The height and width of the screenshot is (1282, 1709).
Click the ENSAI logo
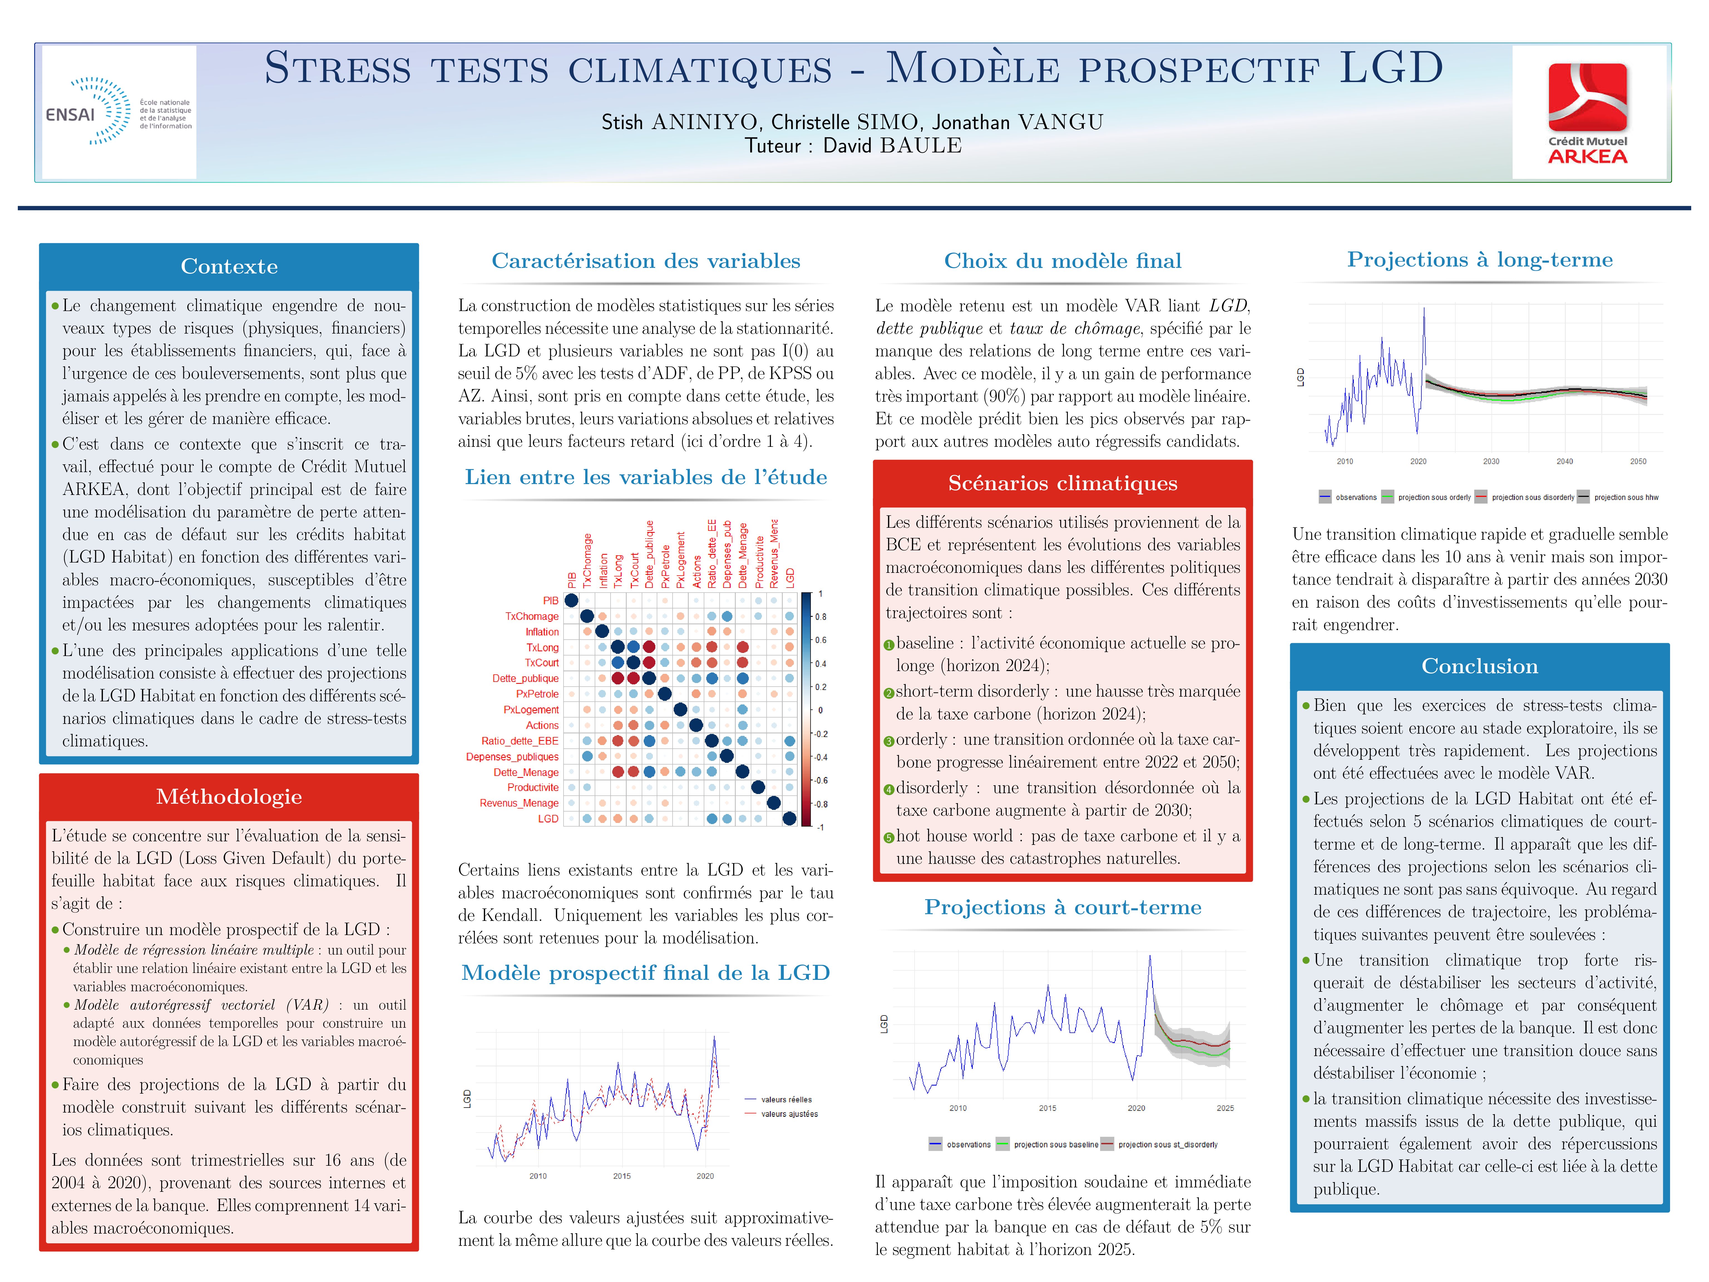pos(118,112)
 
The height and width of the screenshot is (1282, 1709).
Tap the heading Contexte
pos(229,267)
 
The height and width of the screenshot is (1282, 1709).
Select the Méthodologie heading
pos(229,797)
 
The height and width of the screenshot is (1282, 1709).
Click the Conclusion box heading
pos(1479,666)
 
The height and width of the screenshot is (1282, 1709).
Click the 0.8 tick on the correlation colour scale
pos(821,617)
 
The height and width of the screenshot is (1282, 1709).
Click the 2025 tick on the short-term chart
pos(1224,1108)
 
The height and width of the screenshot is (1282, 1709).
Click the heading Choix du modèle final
pos(1062,261)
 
